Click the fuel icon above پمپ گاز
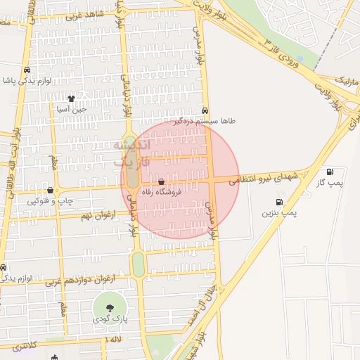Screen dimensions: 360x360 (x=330, y=172)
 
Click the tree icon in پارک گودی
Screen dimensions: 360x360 (x=109, y=308)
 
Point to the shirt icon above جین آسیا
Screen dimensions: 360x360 (x=71, y=98)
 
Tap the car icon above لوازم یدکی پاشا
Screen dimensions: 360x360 (x=26, y=70)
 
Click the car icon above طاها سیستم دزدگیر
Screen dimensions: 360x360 (x=205, y=110)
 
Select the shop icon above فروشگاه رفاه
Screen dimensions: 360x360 (x=162, y=182)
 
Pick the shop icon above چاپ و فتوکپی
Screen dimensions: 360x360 (x=50, y=191)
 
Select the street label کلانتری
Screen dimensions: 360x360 (x=24, y=346)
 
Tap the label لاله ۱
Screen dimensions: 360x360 (x=114, y=340)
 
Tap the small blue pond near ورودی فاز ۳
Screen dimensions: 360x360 (x=300, y=58)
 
